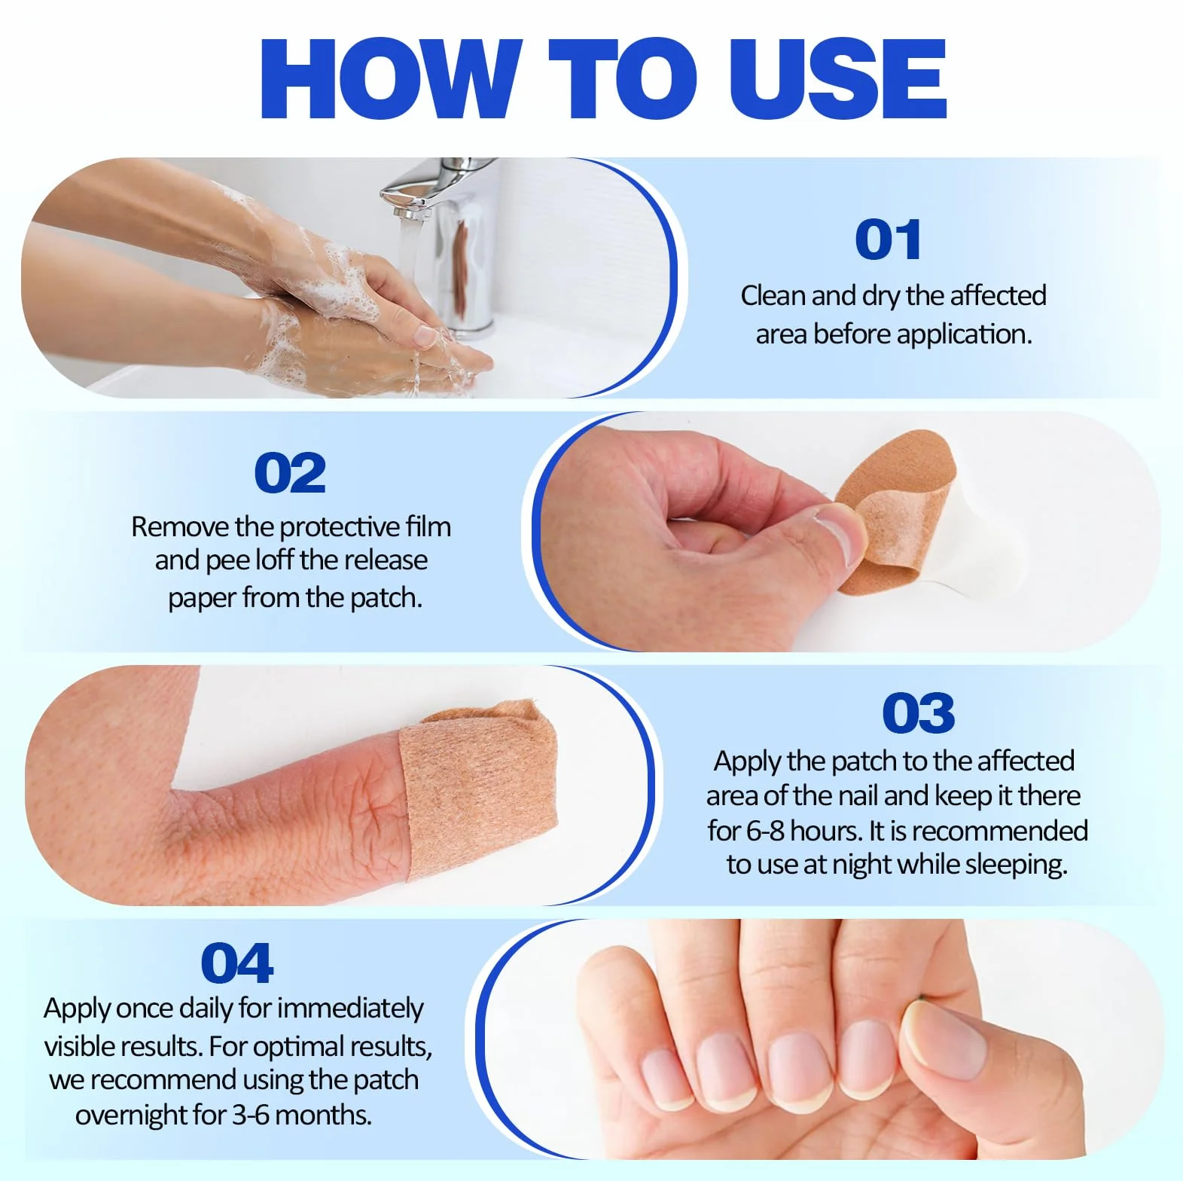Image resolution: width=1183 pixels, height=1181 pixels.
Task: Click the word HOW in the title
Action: tap(391, 78)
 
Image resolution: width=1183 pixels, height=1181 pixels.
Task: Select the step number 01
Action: tap(888, 240)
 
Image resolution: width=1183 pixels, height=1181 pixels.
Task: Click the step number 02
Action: tap(290, 473)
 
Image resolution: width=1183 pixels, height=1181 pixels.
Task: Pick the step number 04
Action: tap(236, 963)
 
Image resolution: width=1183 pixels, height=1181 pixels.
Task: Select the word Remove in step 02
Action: tap(180, 526)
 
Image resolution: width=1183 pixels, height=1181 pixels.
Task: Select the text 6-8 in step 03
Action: tap(766, 831)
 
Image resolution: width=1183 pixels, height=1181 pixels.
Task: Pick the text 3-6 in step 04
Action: tap(251, 1115)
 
